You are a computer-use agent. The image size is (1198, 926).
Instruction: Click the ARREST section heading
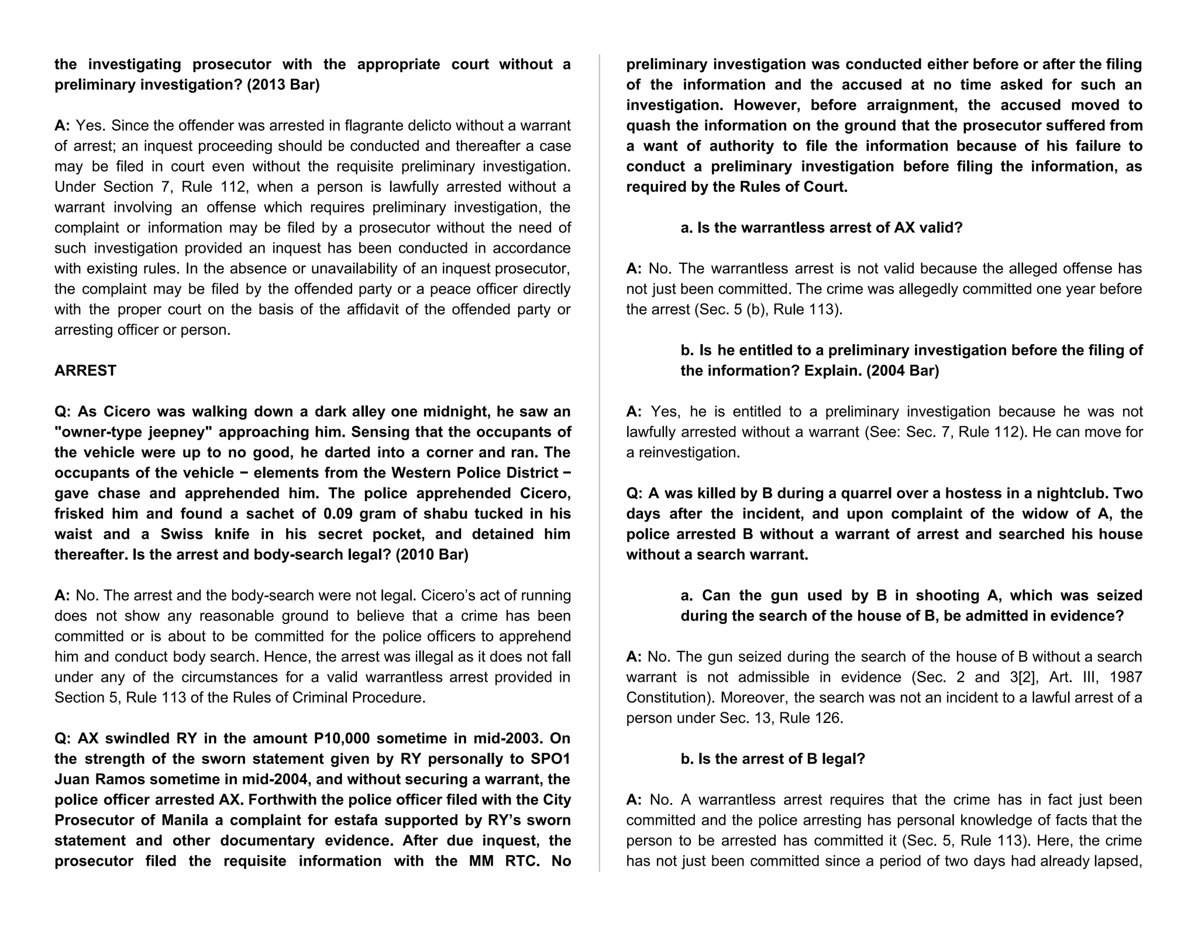(x=85, y=371)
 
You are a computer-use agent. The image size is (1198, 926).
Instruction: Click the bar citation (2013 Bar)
(x=283, y=85)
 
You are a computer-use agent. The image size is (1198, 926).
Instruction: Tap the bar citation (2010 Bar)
(x=432, y=554)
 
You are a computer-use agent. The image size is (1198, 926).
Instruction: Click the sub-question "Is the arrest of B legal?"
(x=773, y=759)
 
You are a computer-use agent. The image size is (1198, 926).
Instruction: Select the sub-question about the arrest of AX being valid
(x=821, y=228)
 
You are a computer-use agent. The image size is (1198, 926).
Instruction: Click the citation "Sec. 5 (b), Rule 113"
(x=768, y=310)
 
